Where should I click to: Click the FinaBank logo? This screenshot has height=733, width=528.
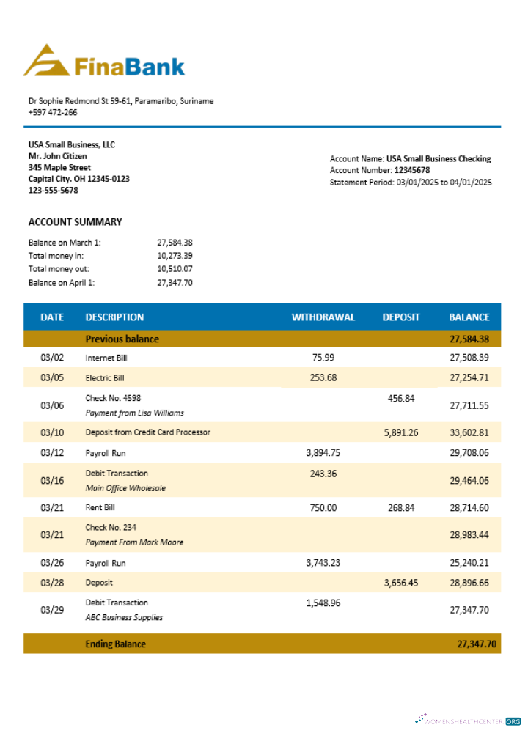[x=104, y=62]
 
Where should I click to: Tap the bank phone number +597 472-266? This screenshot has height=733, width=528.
[x=53, y=112]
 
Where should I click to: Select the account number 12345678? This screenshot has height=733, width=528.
[x=412, y=170]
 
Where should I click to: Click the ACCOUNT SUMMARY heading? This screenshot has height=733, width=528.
[x=75, y=222]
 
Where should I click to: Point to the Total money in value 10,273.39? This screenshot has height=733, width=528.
[x=175, y=256]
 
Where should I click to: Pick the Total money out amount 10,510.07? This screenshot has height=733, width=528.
[x=175, y=269]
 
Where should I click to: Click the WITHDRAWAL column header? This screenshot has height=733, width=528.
[x=323, y=317]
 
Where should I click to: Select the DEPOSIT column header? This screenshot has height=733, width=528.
[x=401, y=317]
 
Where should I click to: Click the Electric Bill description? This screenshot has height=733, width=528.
[x=105, y=378]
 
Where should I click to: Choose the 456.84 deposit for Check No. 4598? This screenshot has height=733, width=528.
[x=401, y=398]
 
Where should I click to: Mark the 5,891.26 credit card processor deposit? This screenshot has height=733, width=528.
[x=401, y=432]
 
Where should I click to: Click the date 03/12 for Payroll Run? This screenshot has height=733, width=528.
[x=52, y=453]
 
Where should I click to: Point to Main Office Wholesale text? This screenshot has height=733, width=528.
[x=125, y=488]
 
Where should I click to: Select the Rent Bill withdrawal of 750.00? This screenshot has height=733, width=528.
[x=323, y=507]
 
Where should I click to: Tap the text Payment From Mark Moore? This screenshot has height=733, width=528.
[x=134, y=542]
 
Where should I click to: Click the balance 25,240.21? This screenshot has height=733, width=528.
[x=469, y=563]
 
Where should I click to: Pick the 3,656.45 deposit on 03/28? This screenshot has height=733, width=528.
[x=401, y=583]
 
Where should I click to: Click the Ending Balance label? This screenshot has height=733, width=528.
[x=115, y=644]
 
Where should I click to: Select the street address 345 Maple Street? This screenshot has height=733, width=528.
[x=59, y=167]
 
